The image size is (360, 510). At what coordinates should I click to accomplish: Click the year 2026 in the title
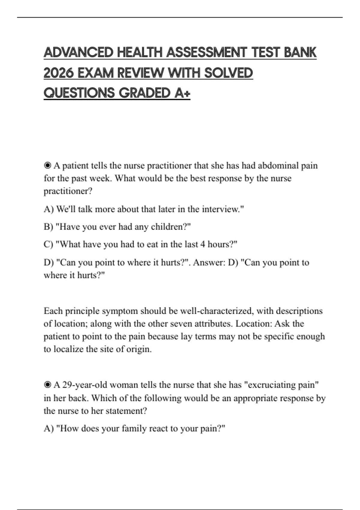[x=58, y=73]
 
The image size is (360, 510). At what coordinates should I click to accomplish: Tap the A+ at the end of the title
[x=182, y=93]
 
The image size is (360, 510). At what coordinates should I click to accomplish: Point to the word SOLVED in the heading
[x=228, y=73]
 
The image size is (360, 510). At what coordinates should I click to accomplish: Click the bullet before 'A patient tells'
[x=47, y=166]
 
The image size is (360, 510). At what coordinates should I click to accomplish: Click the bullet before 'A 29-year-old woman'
[x=47, y=385]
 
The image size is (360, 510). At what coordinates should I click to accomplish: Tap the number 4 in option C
[x=202, y=244]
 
